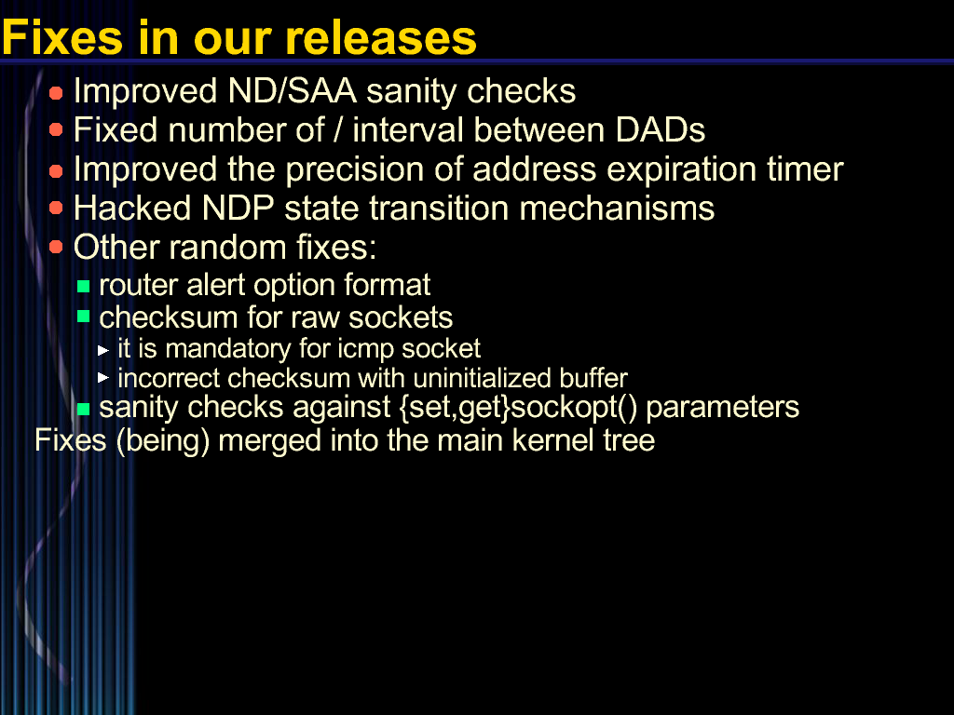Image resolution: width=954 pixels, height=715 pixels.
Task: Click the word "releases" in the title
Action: pos(381,37)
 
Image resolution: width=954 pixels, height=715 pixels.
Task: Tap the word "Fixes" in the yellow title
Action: pos(62,37)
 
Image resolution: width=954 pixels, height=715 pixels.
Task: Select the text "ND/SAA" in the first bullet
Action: pos(292,92)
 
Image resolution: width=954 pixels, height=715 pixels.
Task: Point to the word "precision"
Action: pos(354,169)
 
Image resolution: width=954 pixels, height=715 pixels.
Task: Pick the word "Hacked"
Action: pos(132,208)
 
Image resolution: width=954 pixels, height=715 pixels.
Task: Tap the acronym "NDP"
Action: pos(238,208)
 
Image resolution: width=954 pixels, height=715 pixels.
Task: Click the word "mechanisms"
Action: pos(617,208)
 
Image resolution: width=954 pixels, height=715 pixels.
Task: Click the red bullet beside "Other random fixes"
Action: pos(56,247)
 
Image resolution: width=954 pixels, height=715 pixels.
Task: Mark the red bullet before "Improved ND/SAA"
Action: pos(56,93)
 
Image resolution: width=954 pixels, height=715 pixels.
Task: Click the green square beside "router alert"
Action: pos(84,286)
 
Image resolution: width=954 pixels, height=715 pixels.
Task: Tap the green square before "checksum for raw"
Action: pos(84,317)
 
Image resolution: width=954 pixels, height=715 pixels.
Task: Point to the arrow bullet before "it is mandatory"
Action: pos(103,350)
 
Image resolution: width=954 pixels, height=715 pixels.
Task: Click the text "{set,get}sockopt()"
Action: pos(518,408)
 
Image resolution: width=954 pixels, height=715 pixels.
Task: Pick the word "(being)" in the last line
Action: pos(162,440)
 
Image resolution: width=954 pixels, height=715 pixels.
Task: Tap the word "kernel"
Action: pos(546,440)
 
